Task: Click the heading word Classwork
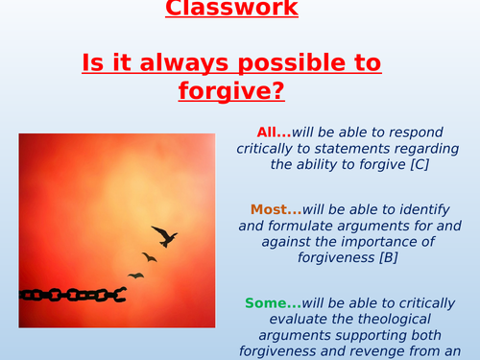(244, 11)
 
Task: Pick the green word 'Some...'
(272, 303)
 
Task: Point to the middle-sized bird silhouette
(149, 256)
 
